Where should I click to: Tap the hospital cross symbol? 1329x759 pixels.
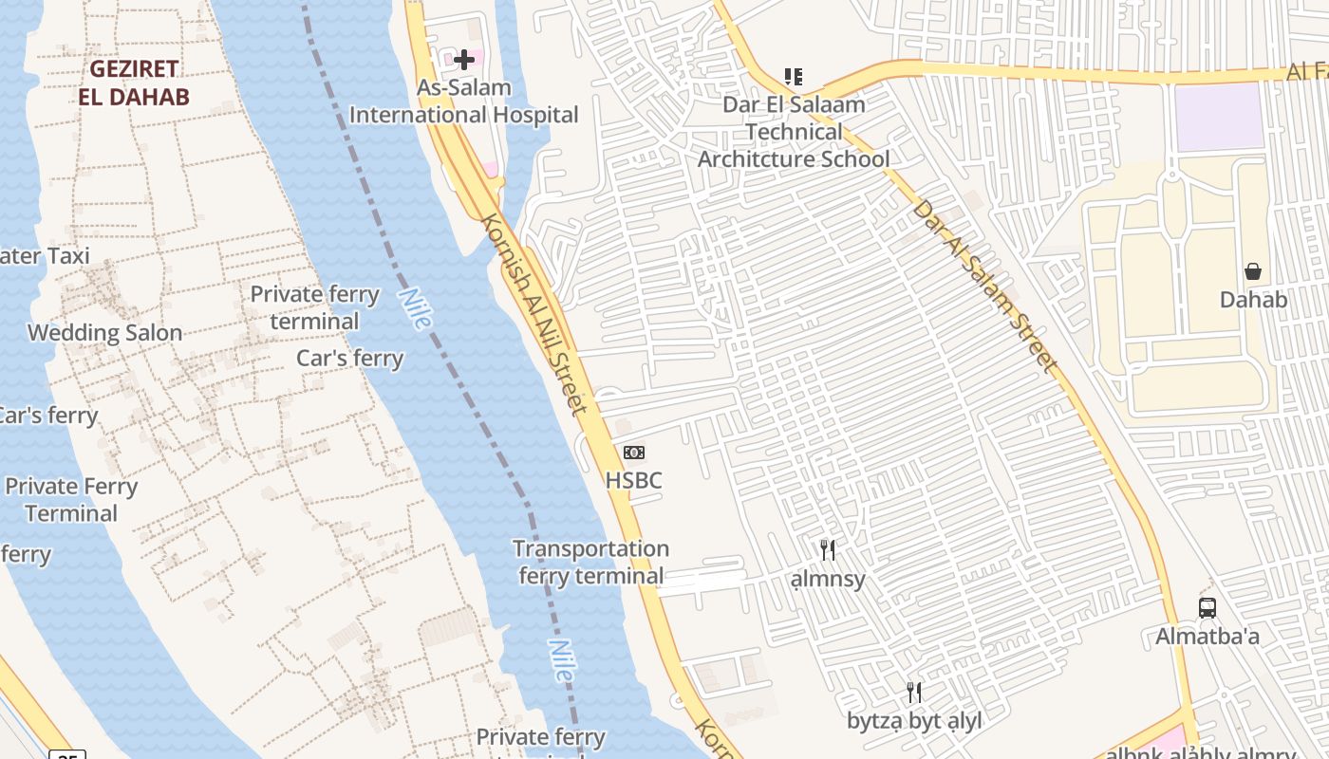coord(463,60)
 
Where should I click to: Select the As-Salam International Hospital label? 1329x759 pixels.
coord(464,102)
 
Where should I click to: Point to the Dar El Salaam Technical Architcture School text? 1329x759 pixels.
coord(795,132)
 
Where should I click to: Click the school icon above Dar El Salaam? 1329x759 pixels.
coord(794,76)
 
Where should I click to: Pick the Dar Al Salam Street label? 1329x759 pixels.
coord(984,285)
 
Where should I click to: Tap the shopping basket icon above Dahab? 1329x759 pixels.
coord(1253,271)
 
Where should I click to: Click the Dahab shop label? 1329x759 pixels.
coord(1253,300)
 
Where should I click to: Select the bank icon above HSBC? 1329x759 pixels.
coord(633,453)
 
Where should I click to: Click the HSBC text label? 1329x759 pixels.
coord(633,480)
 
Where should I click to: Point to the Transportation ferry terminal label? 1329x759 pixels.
coord(590,563)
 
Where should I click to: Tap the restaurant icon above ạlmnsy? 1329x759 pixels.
coord(828,549)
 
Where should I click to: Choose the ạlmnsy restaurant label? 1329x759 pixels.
coord(828,578)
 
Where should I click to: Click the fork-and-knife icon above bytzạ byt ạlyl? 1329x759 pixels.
coord(913,692)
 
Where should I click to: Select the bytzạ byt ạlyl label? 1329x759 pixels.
coord(914,721)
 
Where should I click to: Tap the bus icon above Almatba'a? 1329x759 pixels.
coord(1207,608)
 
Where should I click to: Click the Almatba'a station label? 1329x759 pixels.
coord(1207,637)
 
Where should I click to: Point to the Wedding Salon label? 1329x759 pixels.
coord(104,333)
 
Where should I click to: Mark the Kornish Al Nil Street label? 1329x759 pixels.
coord(533,313)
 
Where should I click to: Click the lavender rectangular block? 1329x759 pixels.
coord(1219,116)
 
